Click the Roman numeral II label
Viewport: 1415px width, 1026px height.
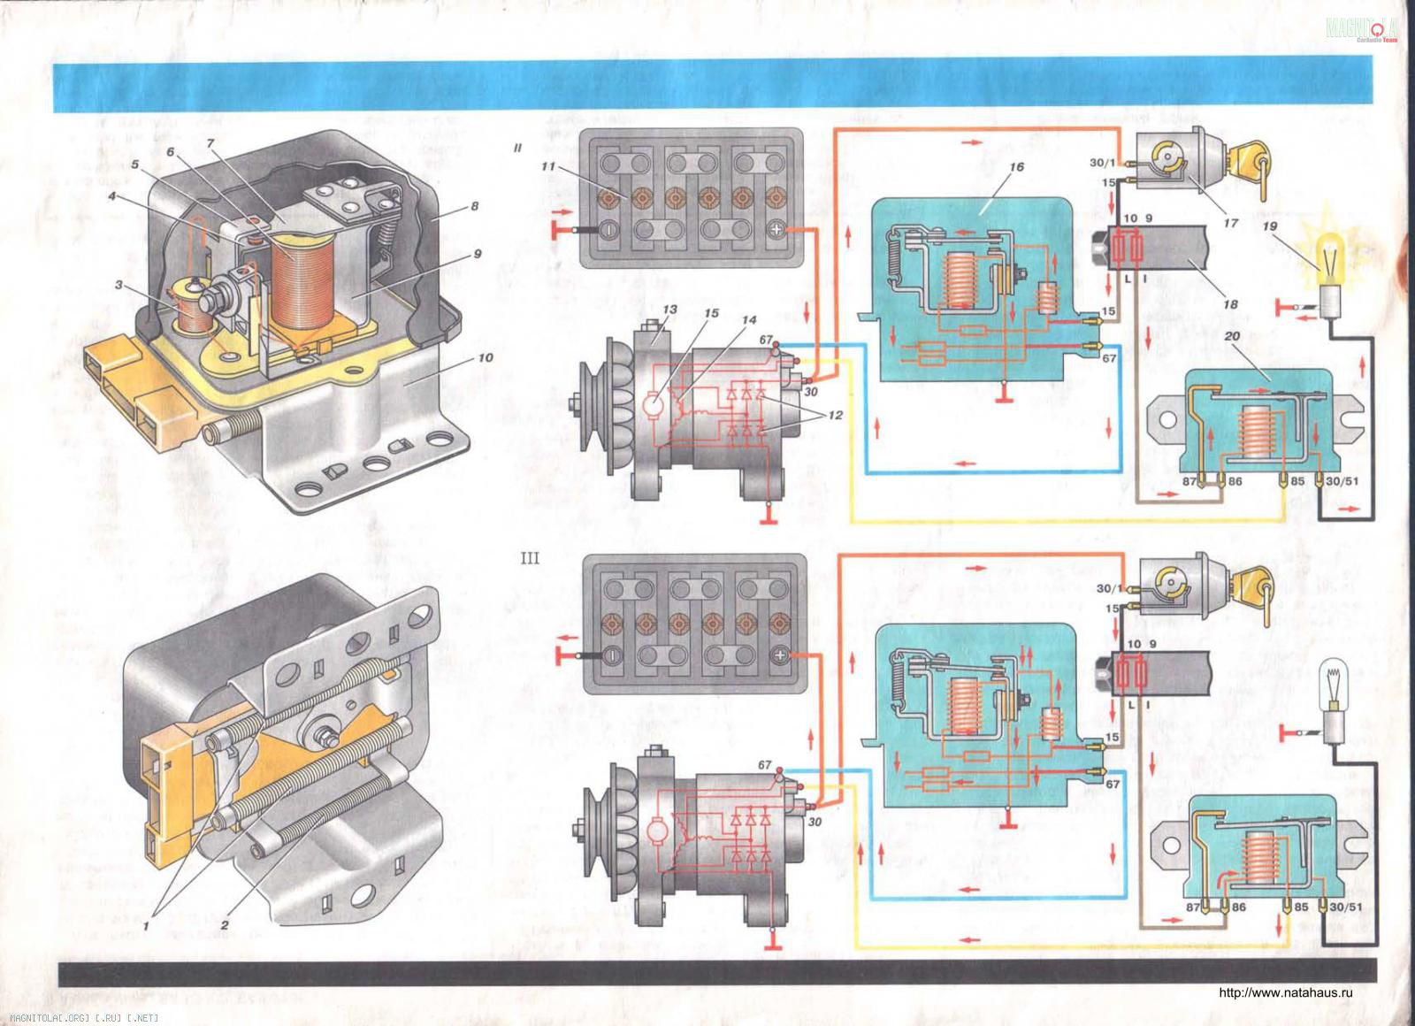click(518, 149)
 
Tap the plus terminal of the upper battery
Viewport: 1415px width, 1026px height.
click(776, 230)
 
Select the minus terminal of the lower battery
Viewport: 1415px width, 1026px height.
click(610, 655)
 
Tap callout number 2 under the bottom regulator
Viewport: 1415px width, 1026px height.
click(226, 924)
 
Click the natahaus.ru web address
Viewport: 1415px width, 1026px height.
click(1286, 992)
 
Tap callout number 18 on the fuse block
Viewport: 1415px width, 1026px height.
click(1230, 304)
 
